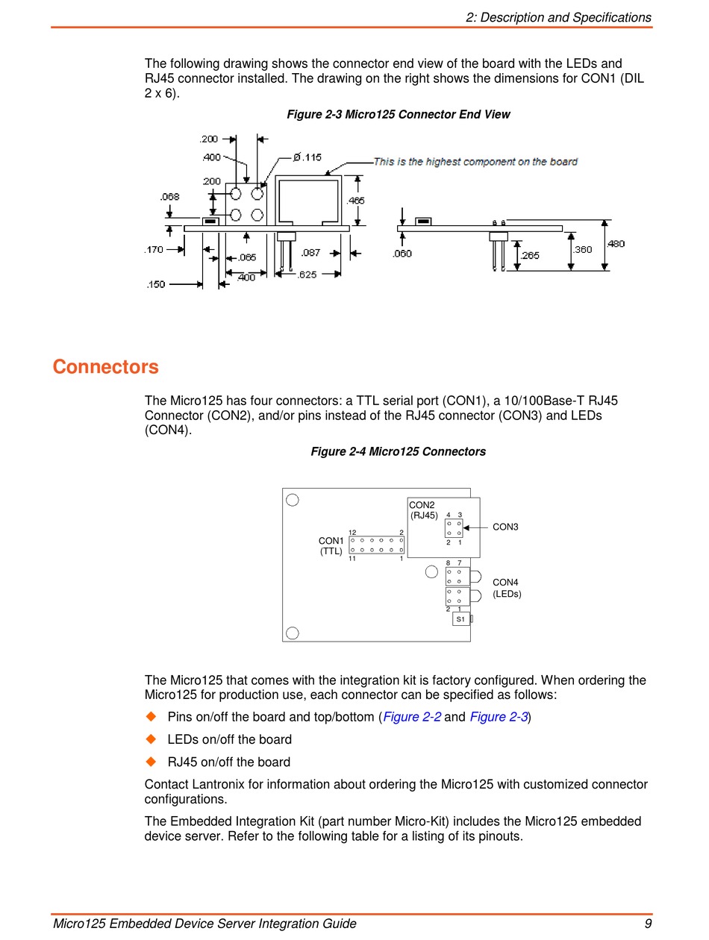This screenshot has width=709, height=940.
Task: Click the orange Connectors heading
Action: point(105,367)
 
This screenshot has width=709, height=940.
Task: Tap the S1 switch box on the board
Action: point(460,619)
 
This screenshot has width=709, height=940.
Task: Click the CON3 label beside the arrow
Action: point(505,527)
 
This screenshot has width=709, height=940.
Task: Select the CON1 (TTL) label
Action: point(331,546)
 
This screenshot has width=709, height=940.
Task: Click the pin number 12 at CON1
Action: point(352,532)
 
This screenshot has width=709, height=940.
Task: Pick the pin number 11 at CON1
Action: point(352,559)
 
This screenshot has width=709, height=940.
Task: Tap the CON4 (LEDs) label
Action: point(506,588)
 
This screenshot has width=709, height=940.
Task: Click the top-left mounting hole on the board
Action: point(293,500)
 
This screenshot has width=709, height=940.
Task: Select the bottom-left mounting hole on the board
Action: point(293,633)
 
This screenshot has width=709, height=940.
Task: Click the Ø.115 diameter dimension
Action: point(307,157)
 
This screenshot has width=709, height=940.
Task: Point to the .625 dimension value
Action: point(307,275)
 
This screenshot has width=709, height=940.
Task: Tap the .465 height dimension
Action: point(356,201)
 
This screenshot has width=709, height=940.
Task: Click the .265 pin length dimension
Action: point(530,255)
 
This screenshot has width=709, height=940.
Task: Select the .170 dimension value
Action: point(154,250)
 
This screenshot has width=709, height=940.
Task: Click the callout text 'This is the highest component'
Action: point(475,161)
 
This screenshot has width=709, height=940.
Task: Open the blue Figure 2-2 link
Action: point(412,718)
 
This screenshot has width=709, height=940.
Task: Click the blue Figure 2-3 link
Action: point(499,718)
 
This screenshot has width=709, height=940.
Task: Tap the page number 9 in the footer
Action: point(648,924)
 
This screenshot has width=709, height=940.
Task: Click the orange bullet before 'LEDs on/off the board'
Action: point(151,739)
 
